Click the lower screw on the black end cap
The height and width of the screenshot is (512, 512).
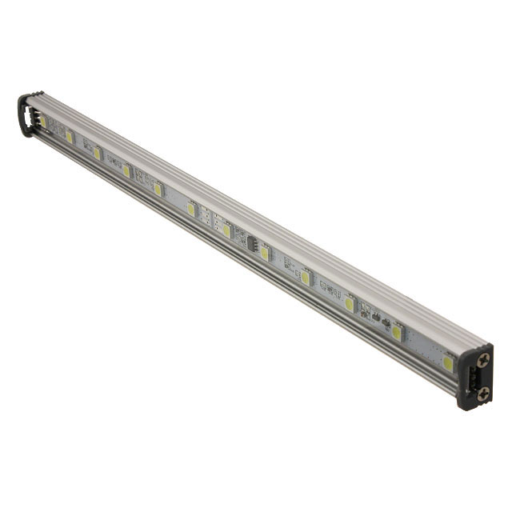(482, 393)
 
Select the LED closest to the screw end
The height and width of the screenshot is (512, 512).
(448, 363)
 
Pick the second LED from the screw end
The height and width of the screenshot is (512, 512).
(397, 333)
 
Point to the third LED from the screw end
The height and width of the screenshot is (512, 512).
(350, 304)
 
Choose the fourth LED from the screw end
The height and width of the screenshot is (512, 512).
(305, 278)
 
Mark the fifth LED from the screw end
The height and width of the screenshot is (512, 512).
(264, 253)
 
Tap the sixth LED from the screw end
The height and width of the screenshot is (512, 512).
(226, 230)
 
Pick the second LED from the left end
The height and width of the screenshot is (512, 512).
(70, 137)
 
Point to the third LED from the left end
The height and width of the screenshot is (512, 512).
(97, 153)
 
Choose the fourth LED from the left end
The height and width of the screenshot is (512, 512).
(126, 170)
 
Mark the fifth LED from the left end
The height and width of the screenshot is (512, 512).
(158, 190)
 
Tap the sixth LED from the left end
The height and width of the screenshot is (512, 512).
(191, 209)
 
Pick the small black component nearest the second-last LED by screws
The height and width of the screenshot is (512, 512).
(384, 326)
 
